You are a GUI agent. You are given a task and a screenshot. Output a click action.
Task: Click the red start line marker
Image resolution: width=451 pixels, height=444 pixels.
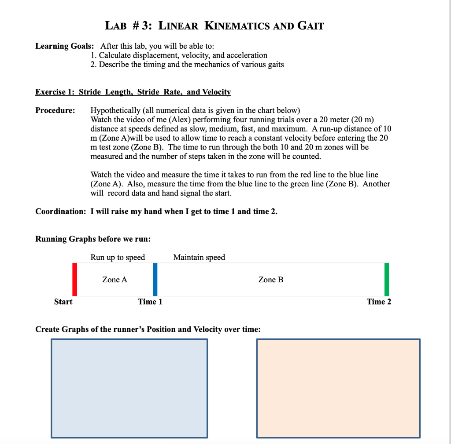[75, 279]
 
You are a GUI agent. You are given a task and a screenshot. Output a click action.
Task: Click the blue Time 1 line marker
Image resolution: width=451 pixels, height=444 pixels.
[155, 279]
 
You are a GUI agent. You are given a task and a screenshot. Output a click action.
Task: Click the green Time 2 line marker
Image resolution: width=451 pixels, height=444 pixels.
[387, 279]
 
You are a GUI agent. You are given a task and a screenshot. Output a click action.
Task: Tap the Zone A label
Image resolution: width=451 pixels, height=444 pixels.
[115, 280]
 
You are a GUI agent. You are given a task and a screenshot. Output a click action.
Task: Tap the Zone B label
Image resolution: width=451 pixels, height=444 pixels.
[271, 280]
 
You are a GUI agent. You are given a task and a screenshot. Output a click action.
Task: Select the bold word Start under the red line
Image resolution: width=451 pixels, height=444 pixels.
[63, 302]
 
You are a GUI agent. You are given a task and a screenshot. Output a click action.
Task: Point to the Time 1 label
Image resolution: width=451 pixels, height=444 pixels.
[150, 302]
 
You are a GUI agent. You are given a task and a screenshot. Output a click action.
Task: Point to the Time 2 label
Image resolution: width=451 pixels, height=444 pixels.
[379, 302]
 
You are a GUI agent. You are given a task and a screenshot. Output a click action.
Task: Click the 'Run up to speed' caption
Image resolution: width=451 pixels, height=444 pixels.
[118, 257]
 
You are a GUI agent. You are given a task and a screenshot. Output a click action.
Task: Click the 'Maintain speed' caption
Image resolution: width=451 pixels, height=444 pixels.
[199, 257]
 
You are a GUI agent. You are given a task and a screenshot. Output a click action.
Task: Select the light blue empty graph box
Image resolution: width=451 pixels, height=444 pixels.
[129, 388]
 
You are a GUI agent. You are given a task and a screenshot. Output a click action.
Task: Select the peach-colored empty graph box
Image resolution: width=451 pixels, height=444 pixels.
[338, 388]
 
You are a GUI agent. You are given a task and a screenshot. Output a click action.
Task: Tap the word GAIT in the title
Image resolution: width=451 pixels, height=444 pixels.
[311, 26]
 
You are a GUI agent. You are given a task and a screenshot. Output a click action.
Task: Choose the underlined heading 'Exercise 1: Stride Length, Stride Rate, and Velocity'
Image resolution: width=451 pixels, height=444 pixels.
[133, 92]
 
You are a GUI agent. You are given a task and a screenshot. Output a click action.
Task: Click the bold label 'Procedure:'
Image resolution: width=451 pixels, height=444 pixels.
[55, 110]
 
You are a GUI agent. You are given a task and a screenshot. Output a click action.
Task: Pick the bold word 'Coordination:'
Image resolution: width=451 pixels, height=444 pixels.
[61, 211]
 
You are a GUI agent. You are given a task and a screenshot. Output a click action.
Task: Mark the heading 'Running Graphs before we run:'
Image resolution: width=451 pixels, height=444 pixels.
[93, 239]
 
